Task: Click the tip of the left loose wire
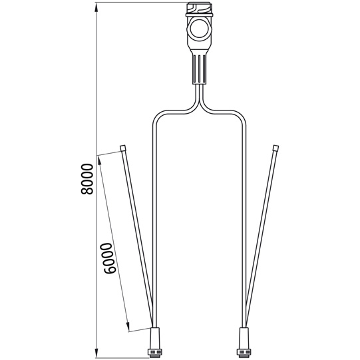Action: (x=124, y=147)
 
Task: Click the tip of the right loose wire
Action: (x=275, y=147)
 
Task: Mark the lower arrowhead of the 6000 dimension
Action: (x=128, y=327)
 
